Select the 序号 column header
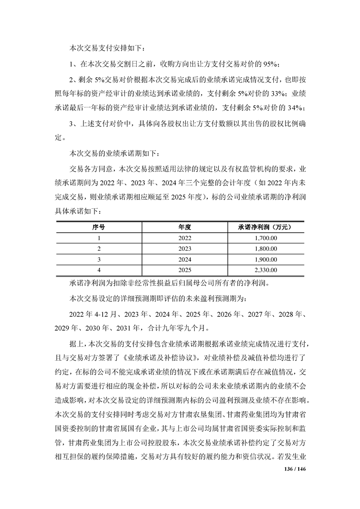point(99,226)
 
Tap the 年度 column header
point(185,226)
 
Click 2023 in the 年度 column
point(185,248)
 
